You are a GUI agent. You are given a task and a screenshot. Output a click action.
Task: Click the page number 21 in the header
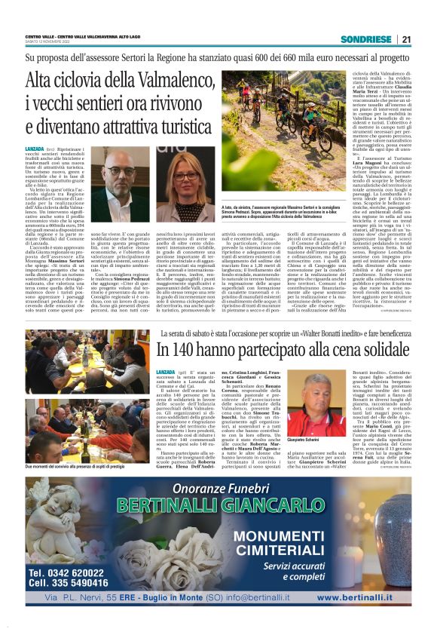pyautogui.click(x=406, y=39)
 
